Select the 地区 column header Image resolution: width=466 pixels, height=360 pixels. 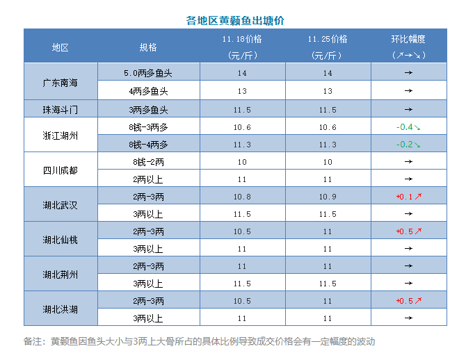pyautogui.click(x=61, y=47)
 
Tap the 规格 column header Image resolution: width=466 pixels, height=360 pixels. pyautogui.click(x=149, y=47)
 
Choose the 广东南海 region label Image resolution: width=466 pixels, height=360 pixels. pyautogui.click(x=61, y=82)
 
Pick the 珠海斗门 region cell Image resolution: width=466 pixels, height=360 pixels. pyautogui.click(x=61, y=109)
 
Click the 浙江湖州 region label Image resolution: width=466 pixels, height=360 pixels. pyautogui.click(x=61, y=136)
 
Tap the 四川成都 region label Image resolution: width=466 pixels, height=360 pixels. pyautogui.click(x=61, y=170)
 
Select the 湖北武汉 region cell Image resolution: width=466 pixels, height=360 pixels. pyautogui.click(x=61, y=205)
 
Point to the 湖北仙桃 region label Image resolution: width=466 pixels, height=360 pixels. pyautogui.click(x=61, y=240)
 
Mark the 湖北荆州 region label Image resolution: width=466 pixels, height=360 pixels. pyautogui.click(x=61, y=275)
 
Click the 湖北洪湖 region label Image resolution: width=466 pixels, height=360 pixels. pyautogui.click(x=61, y=309)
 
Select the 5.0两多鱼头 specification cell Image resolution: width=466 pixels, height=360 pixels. pyautogui.click(x=149, y=73)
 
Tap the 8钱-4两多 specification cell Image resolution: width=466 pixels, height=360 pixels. pyautogui.click(x=149, y=144)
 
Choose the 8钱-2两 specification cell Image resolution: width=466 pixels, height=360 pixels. pyautogui.click(x=149, y=161)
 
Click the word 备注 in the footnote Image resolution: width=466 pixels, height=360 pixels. pyautogui.click(x=33, y=341)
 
